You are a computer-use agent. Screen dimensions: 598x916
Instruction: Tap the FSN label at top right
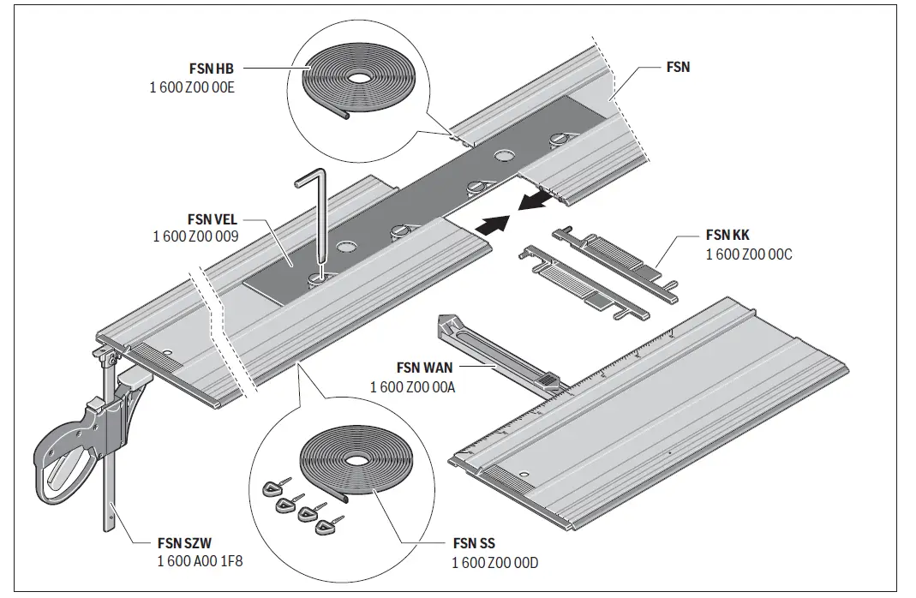point(678,67)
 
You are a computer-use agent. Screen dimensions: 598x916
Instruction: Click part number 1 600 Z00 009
point(195,236)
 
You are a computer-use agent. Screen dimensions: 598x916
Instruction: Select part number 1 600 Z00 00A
point(412,387)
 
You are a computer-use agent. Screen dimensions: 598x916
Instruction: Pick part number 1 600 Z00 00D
point(494,562)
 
